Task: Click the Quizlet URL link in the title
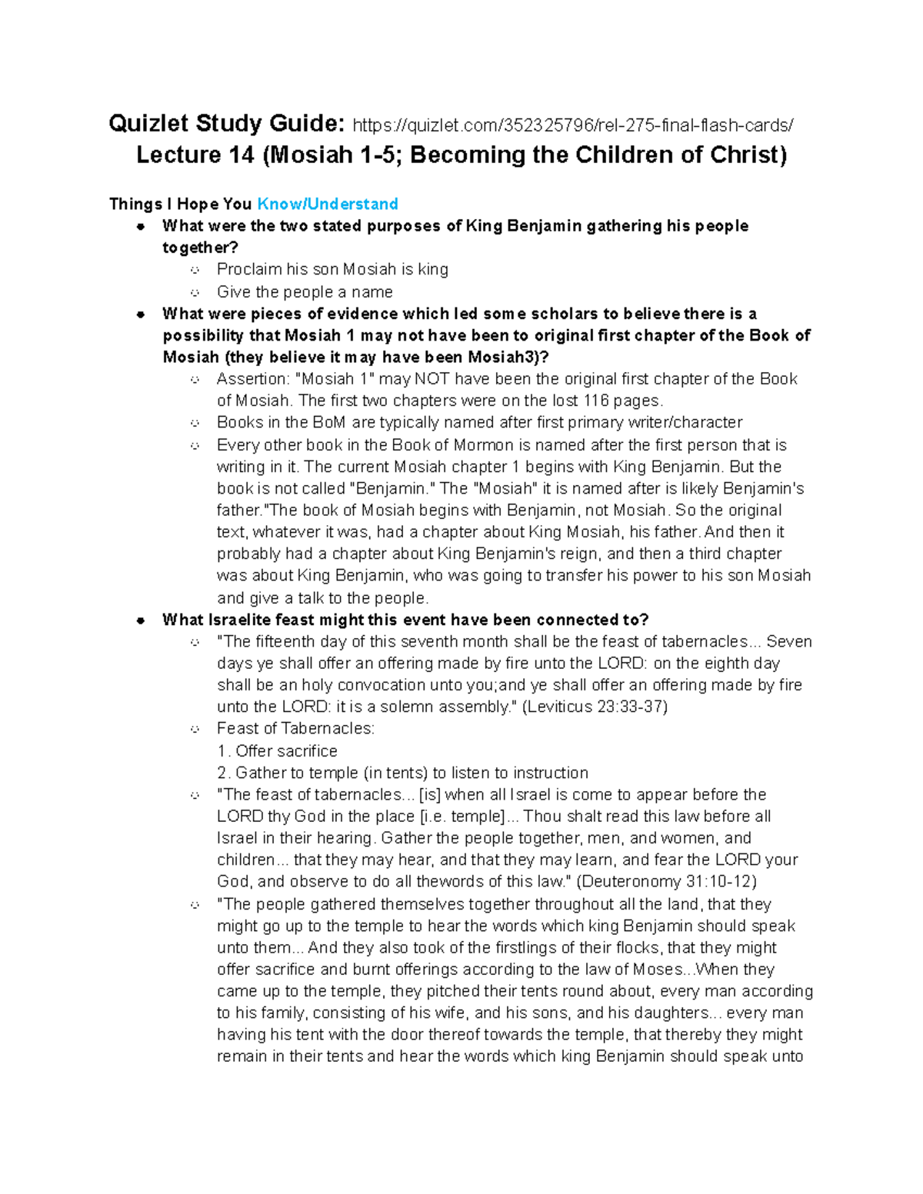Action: (x=572, y=125)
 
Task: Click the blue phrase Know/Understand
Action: (x=327, y=204)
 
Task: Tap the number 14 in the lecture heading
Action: (x=241, y=155)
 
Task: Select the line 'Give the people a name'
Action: (x=305, y=292)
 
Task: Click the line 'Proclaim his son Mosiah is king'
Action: (x=332, y=269)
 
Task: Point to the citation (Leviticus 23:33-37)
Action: (x=595, y=707)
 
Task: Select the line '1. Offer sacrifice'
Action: (x=277, y=751)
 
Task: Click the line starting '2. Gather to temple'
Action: (x=402, y=773)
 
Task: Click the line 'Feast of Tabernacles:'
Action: (x=295, y=728)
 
